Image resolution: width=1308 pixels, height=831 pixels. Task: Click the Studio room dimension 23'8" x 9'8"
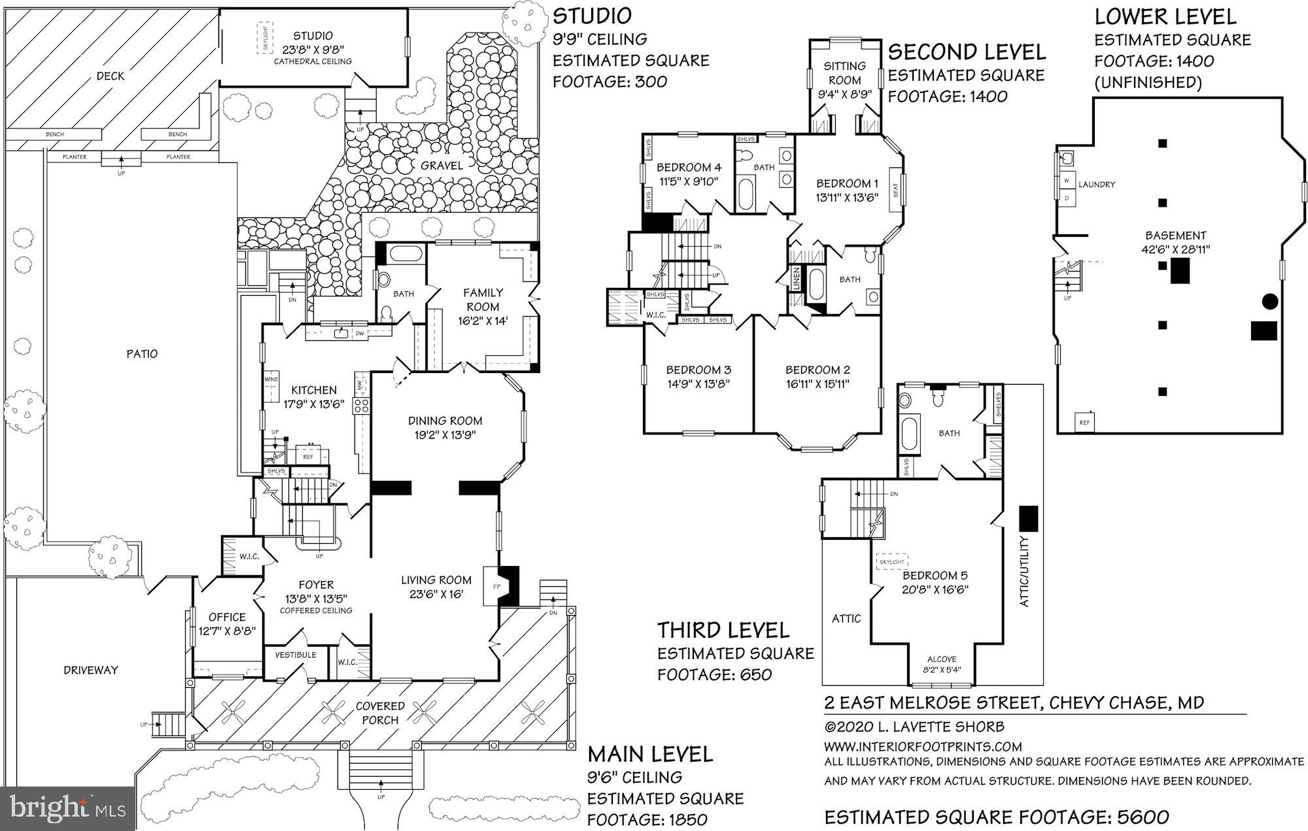(313, 48)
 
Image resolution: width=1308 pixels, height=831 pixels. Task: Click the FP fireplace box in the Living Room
(496, 586)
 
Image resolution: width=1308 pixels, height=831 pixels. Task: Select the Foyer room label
(316, 584)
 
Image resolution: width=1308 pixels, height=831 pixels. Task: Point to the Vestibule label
(295, 654)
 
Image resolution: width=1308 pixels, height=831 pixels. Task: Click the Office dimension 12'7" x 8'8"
(227, 630)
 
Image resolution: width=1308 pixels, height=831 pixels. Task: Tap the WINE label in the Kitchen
(271, 380)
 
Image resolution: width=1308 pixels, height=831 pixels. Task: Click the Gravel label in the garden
(441, 166)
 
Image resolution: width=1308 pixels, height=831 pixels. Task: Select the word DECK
(110, 76)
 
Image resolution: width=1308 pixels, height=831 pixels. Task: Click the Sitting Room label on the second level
(844, 73)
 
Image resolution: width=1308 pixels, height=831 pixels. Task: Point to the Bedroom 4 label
(689, 167)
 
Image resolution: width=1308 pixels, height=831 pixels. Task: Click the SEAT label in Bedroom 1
(895, 190)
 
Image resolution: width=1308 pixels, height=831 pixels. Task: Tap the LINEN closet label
(797, 278)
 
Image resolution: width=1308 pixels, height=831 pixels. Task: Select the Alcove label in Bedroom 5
(942, 659)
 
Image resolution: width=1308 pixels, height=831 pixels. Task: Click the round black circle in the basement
(1269, 301)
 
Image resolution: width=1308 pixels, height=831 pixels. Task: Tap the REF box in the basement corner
(1085, 423)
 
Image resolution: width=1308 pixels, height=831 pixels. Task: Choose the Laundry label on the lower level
(1097, 185)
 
